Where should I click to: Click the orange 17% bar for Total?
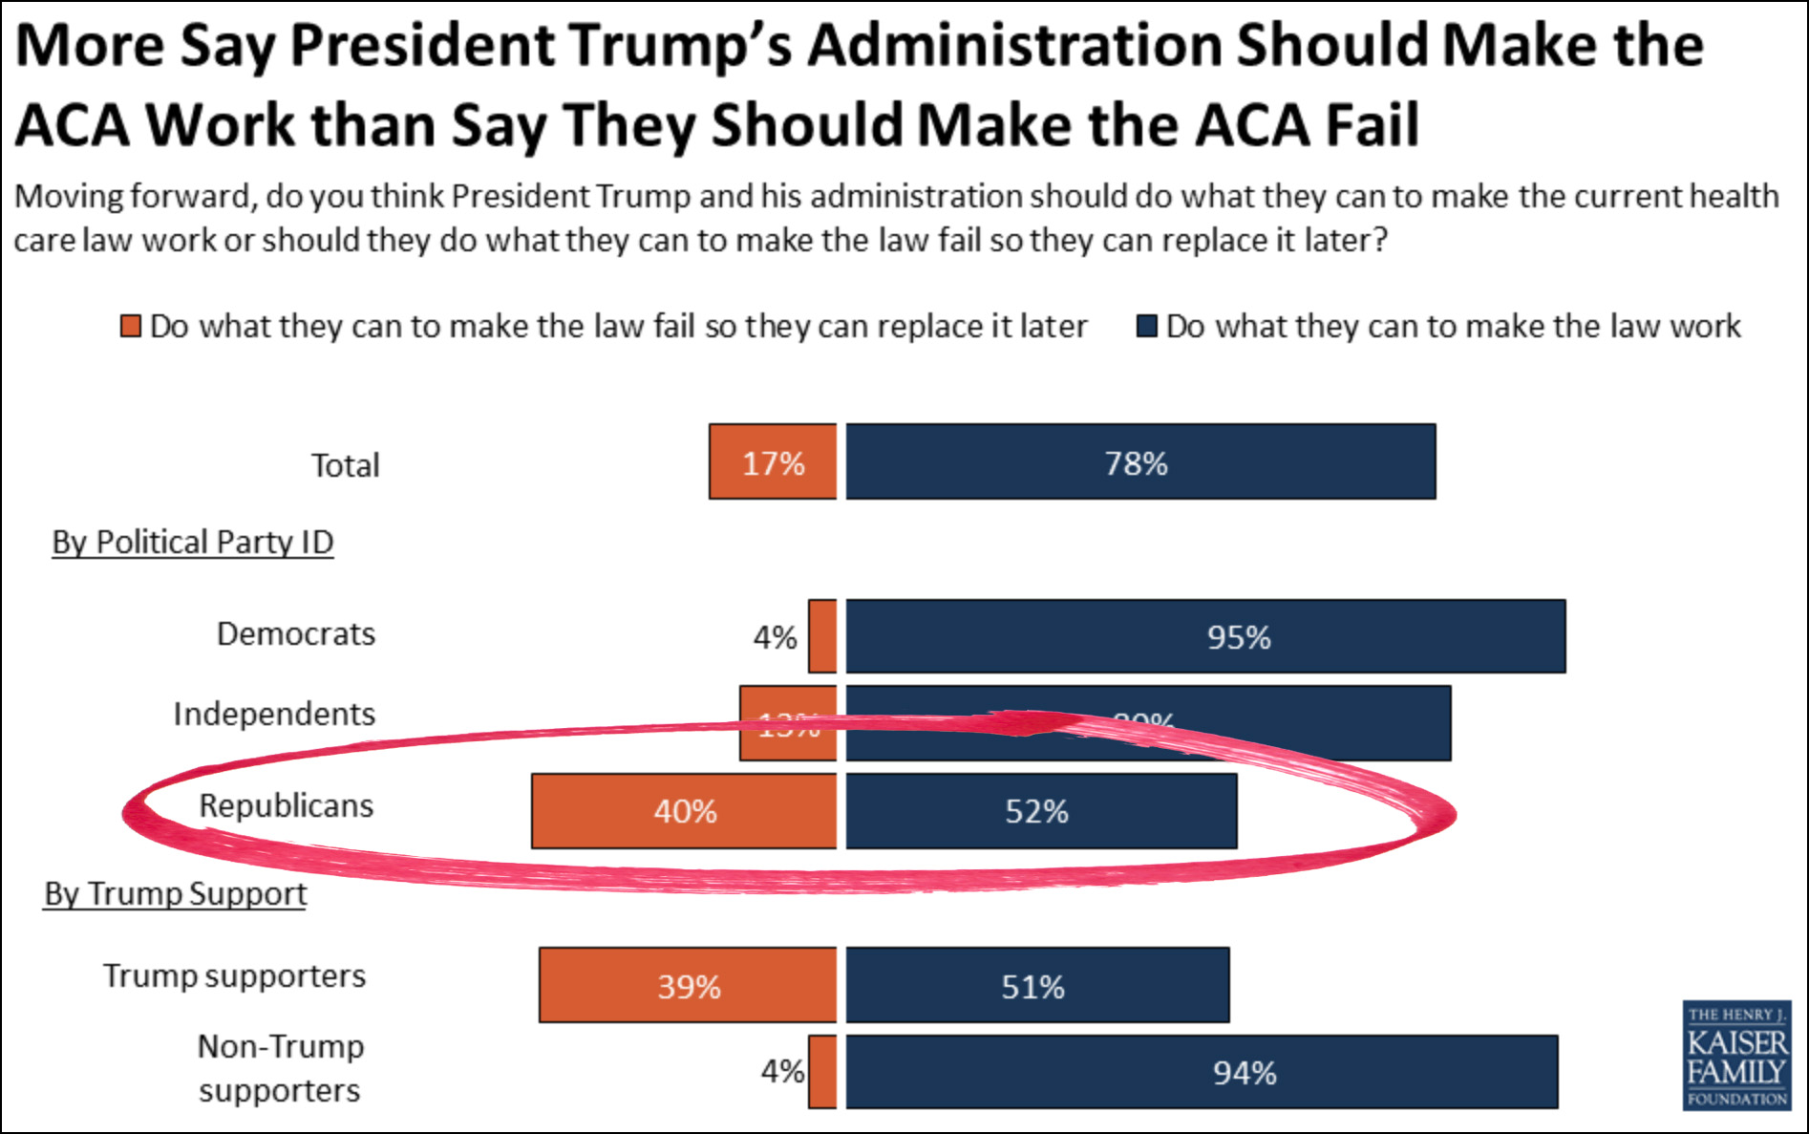tap(773, 461)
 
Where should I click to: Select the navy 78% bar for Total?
tap(1140, 461)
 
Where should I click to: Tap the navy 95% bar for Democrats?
tap(1205, 636)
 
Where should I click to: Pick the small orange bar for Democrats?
tap(822, 636)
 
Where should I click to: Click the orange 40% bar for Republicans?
tap(684, 811)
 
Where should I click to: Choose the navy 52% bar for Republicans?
tap(1041, 811)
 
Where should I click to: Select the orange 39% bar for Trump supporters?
tap(688, 985)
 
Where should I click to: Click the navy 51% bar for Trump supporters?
tap(1037, 985)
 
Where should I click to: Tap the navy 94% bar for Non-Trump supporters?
tap(1202, 1072)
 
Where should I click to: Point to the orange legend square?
tap(131, 327)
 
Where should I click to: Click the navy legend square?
tap(1147, 327)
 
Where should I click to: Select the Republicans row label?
tap(286, 806)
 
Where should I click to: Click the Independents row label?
tap(274, 715)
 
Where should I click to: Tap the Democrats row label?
tap(296, 634)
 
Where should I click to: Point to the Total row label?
tap(345, 465)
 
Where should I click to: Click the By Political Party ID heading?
tap(193, 543)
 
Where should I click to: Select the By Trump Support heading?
tap(176, 894)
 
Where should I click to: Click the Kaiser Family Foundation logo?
tap(1736, 1055)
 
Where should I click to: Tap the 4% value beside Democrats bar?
tap(775, 637)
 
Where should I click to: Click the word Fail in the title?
tap(1373, 125)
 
